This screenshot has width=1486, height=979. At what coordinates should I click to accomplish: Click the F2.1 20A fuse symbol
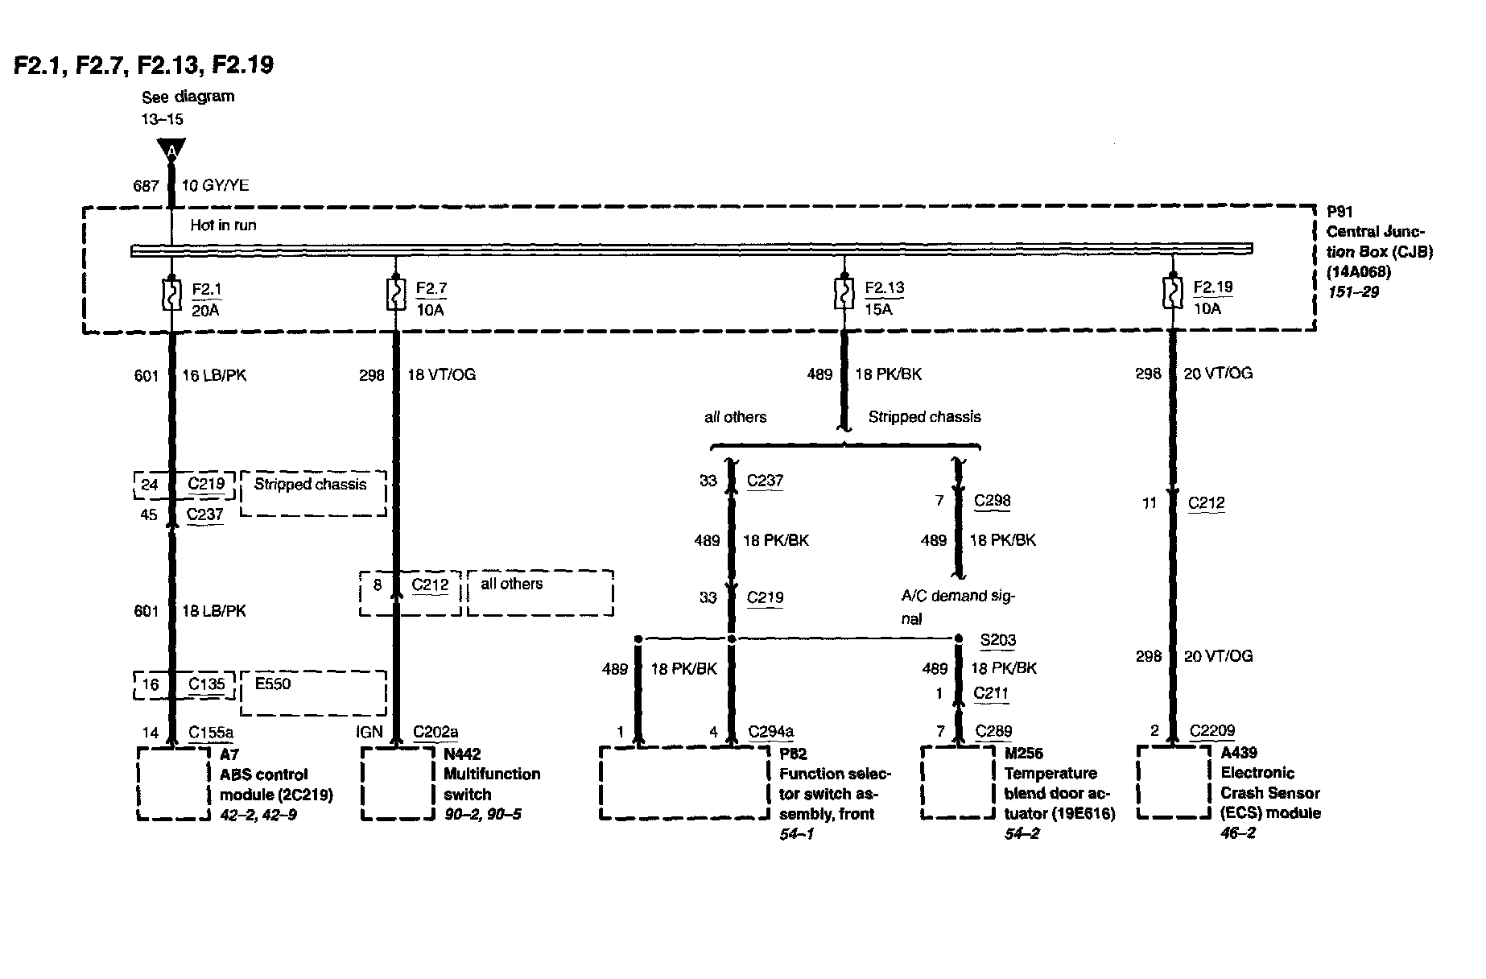point(171,295)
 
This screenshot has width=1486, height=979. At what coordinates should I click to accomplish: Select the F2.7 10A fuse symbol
point(395,295)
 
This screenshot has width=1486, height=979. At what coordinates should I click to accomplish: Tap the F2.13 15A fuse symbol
point(844,295)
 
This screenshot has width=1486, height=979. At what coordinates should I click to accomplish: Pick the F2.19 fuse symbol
point(1172,294)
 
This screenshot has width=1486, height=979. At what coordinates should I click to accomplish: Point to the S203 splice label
point(997,641)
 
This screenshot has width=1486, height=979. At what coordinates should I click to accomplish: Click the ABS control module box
point(173,784)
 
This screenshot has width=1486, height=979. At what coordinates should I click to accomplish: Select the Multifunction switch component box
point(397,784)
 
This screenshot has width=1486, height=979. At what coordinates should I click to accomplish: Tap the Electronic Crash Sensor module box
point(1173,783)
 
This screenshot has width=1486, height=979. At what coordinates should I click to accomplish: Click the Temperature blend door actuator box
point(958,783)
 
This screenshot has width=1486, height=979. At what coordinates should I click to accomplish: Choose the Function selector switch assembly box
point(684,783)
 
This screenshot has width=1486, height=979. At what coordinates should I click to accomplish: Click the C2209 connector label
point(1212,731)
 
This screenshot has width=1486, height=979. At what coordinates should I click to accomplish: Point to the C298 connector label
point(992,501)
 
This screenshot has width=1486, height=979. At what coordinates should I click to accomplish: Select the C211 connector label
point(991,693)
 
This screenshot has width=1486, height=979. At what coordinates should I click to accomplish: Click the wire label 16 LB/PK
point(214,375)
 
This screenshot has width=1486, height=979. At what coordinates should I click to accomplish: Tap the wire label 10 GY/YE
point(215,186)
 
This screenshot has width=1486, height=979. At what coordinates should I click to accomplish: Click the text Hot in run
point(223,225)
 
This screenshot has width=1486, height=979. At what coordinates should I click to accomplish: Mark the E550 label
point(272,684)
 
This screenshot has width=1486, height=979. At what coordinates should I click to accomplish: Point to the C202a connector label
point(435,732)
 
